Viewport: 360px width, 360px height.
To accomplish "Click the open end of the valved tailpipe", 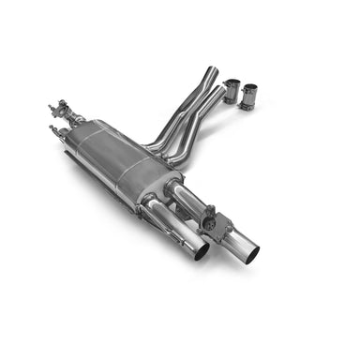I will coord(247,252).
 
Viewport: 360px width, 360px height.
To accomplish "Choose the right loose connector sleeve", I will coord(250,97).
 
